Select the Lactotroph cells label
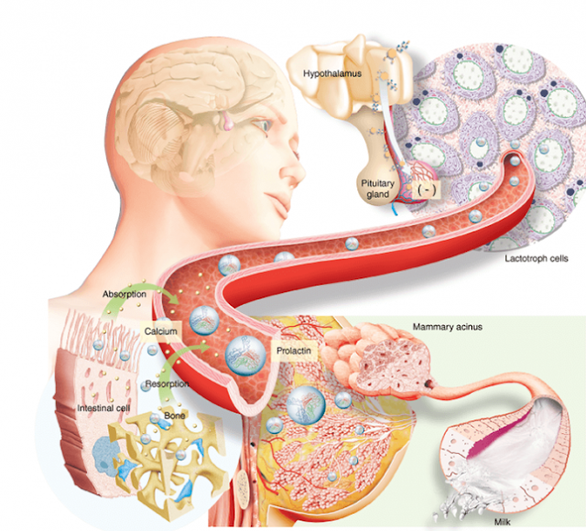click(x=536, y=259)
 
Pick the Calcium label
click(x=160, y=329)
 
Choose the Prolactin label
click(x=293, y=351)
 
